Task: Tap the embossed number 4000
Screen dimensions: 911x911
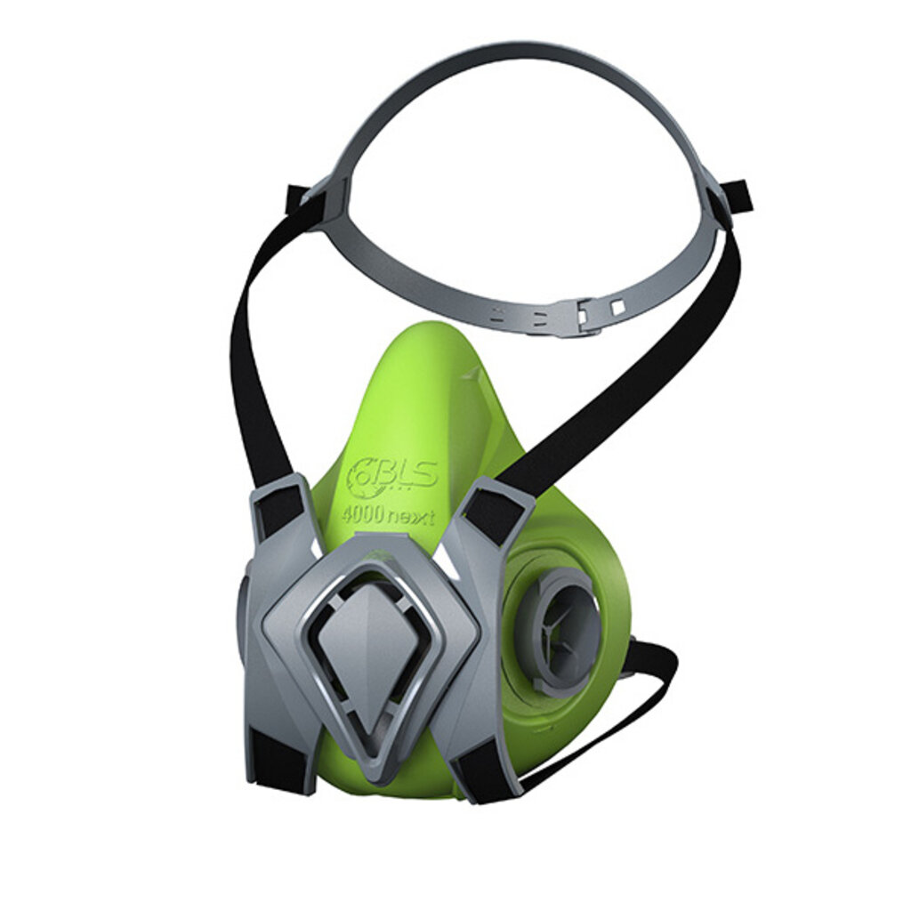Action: pos(361,515)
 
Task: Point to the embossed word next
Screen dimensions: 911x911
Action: pos(411,517)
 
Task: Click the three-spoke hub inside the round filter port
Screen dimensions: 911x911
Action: pos(559,633)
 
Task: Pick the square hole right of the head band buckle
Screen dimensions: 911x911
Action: pos(617,306)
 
